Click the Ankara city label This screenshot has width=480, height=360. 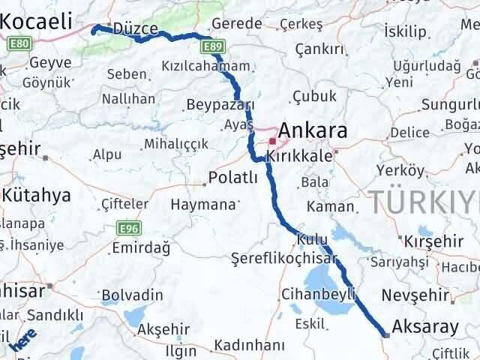pos(313,131)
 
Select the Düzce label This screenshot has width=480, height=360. pos(136,28)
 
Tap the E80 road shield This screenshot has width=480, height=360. pos(20,44)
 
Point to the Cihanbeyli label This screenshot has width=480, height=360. pos(318,294)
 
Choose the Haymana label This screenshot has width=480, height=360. pos(202,203)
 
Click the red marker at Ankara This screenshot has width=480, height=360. pos(271,140)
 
